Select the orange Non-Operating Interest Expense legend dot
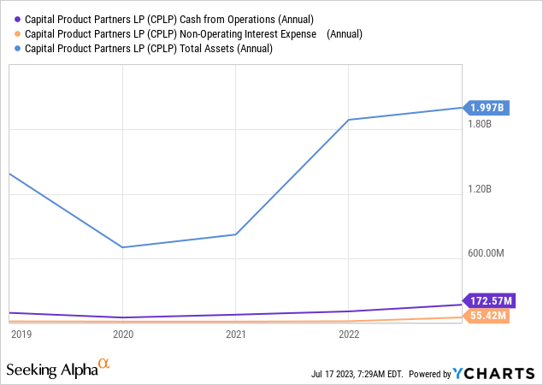(18, 34)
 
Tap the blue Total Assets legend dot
(18, 49)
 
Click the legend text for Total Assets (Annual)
(150, 49)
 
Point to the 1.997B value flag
(488, 108)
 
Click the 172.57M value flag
(490, 301)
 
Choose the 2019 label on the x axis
(21, 334)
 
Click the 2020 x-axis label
(123, 334)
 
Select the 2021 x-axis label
(236, 334)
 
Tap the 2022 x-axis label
(349, 334)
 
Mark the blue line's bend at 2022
(349, 120)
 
